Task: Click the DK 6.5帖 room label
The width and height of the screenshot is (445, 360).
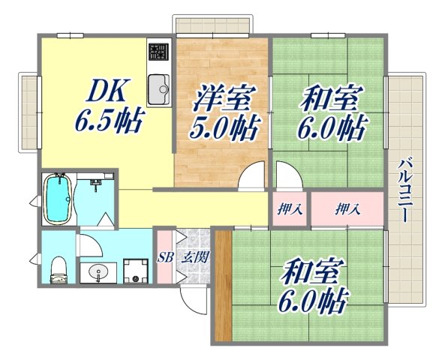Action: coord(108,106)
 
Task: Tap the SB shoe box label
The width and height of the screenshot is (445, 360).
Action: coord(165,256)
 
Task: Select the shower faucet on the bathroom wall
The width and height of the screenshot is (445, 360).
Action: coord(95,182)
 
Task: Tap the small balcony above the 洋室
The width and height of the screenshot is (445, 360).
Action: coord(214,24)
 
